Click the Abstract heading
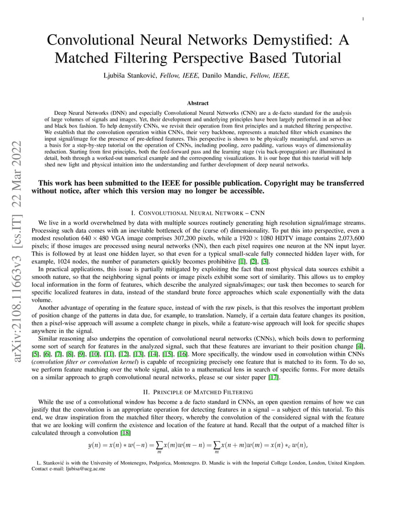(x=198, y=103)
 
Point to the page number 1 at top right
(x=363, y=19)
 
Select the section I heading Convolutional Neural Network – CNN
(x=198, y=212)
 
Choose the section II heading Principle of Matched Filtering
(x=198, y=391)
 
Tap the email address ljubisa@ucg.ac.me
(x=86, y=469)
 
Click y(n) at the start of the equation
(x=95, y=445)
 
